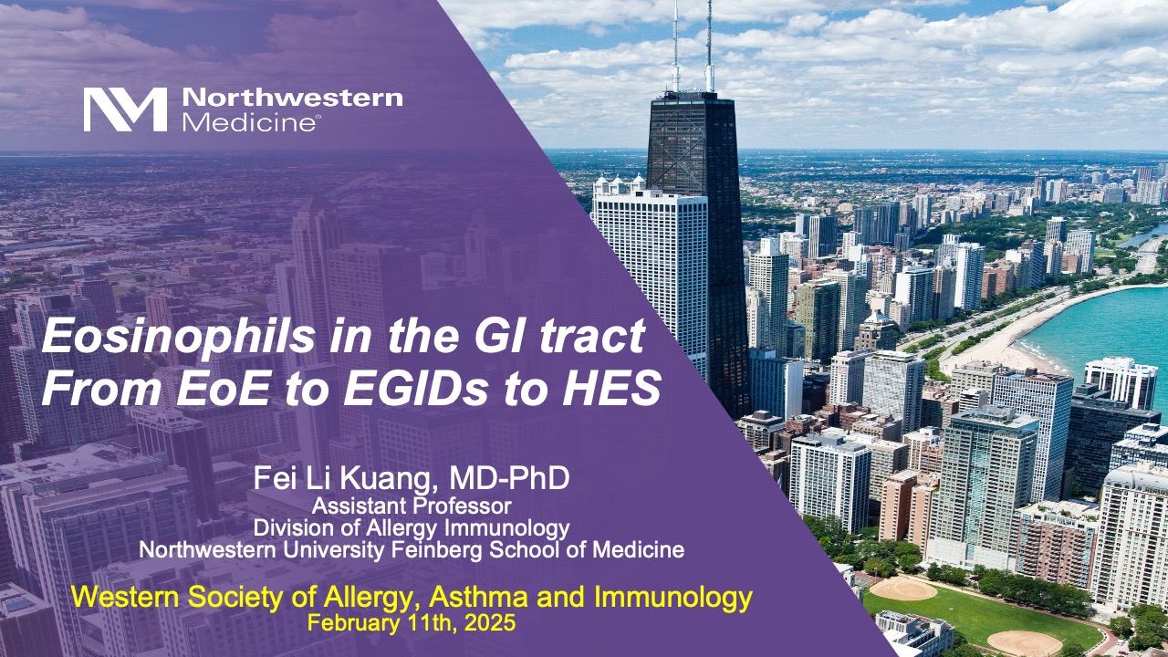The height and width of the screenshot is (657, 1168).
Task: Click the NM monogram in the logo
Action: click(125, 109)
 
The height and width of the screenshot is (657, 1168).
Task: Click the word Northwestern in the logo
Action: click(292, 99)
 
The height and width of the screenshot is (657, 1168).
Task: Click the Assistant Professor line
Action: click(412, 506)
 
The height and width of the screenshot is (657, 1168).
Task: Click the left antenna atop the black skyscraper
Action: click(675, 46)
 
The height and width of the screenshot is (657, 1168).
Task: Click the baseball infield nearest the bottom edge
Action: click(1024, 641)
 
